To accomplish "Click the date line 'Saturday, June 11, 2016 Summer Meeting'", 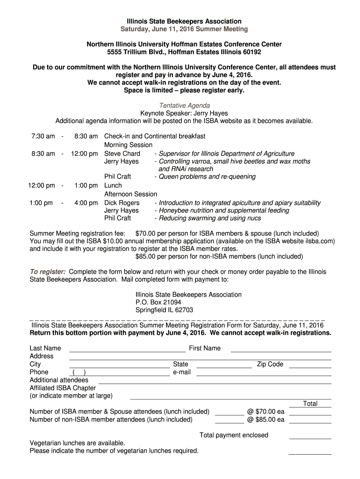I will click(x=184, y=29).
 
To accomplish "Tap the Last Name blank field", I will click(x=127, y=350).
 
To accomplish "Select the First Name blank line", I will click(x=281, y=350).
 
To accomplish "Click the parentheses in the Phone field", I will click(x=79, y=372).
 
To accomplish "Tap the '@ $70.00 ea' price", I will click(x=266, y=412).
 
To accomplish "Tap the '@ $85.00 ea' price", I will click(x=266, y=420).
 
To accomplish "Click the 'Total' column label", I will click(x=310, y=404).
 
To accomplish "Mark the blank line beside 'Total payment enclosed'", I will click(x=310, y=437).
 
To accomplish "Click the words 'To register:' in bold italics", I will click(x=48, y=272).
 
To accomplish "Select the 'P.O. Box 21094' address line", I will click(x=158, y=302).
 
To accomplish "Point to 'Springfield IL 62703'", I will click(x=164, y=310).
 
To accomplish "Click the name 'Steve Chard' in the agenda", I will click(x=122, y=153).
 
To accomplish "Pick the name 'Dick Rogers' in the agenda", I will click(x=122, y=203).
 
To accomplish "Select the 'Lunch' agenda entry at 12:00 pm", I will click(x=113, y=185).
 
